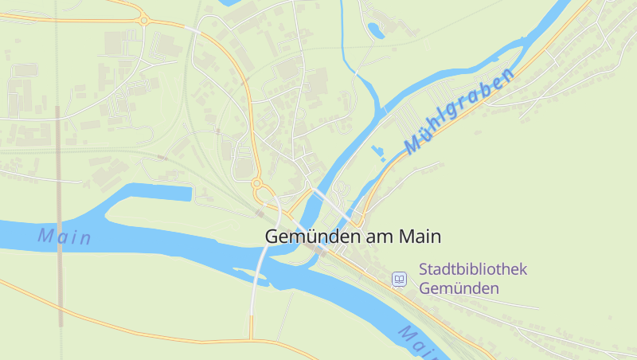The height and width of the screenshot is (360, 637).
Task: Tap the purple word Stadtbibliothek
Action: pos(473,269)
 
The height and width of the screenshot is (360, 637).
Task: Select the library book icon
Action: pos(399,279)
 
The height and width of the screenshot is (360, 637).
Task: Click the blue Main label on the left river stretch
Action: pos(64,237)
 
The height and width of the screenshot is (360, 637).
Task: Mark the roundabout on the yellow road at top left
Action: pos(143,20)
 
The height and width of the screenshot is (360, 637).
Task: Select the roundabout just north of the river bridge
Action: pos(257,184)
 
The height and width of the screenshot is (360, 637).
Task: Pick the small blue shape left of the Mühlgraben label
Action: pos(377,151)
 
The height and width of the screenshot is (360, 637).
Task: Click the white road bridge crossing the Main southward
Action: pos(259,271)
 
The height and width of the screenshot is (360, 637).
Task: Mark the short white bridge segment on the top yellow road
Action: pos(193,29)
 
